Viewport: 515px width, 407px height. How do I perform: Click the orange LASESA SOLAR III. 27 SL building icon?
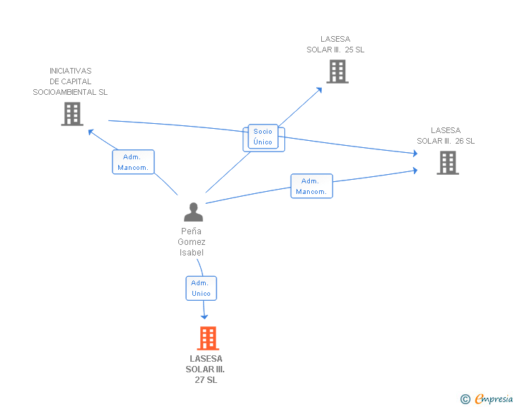pyautogui.click(x=207, y=338)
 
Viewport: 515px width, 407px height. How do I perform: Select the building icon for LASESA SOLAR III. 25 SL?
pyautogui.click(x=337, y=71)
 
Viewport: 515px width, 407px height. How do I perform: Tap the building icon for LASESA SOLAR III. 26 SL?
pyautogui.click(x=447, y=163)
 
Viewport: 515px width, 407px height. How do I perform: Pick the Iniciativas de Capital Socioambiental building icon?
pyautogui.click(x=71, y=114)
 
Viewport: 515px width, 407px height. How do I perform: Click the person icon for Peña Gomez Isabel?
pyautogui.click(x=193, y=212)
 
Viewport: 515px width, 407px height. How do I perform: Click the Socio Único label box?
pyautogui.click(x=262, y=137)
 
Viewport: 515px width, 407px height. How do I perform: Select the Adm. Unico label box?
pyautogui.click(x=201, y=288)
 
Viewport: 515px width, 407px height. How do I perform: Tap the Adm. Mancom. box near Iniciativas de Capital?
pyautogui.click(x=133, y=162)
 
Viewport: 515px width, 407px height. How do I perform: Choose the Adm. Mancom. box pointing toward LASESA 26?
pyautogui.click(x=311, y=186)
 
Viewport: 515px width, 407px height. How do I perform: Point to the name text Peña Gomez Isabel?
pyautogui.click(x=192, y=241)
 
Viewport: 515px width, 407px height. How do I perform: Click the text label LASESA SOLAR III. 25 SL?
pyautogui.click(x=335, y=45)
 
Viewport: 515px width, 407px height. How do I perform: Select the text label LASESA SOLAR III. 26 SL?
pyautogui.click(x=446, y=135)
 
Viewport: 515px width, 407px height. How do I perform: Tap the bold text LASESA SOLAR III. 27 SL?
pyautogui.click(x=205, y=369)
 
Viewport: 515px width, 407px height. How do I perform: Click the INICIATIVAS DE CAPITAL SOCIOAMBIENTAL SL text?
pyautogui.click(x=70, y=81)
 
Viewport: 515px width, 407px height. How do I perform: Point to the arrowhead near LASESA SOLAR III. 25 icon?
pyautogui.click(x=319, y=89)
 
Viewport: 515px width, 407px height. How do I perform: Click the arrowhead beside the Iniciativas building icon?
pyautogui.click(x=90, y=131)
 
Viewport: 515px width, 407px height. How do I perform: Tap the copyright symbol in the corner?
pyautogui.click(x=465, y=400)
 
